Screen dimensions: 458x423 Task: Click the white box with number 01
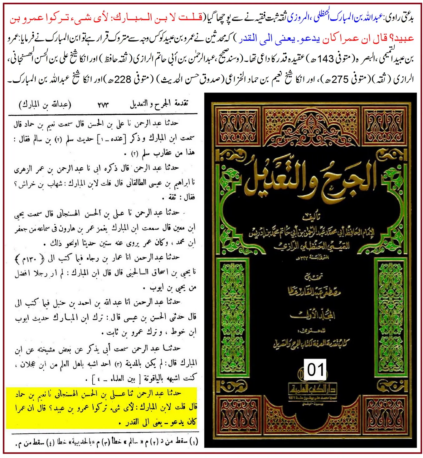click(315, 370)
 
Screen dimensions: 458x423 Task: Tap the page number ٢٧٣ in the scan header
click(103, 105)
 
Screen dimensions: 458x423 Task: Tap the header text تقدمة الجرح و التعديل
click(159, 104)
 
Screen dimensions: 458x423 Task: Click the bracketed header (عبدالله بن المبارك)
click(45, 104)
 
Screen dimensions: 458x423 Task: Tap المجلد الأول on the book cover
click(312, 315)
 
